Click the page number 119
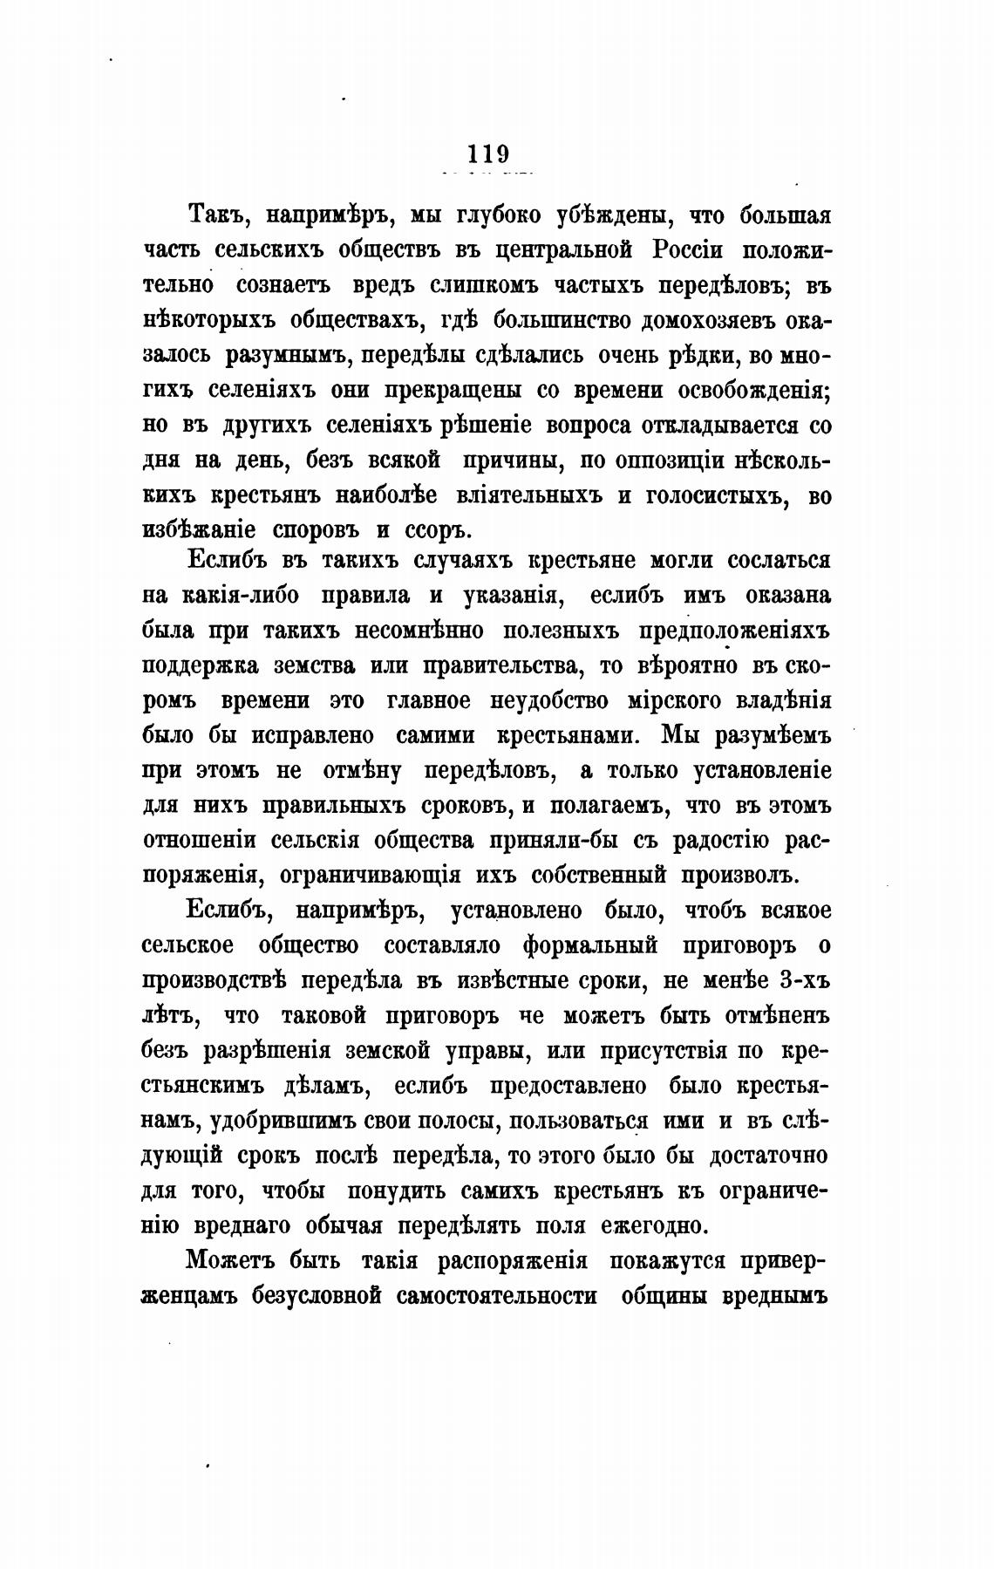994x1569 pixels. [487, 154]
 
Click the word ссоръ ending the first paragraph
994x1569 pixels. [439, 530]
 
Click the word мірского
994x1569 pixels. [646, 700]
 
